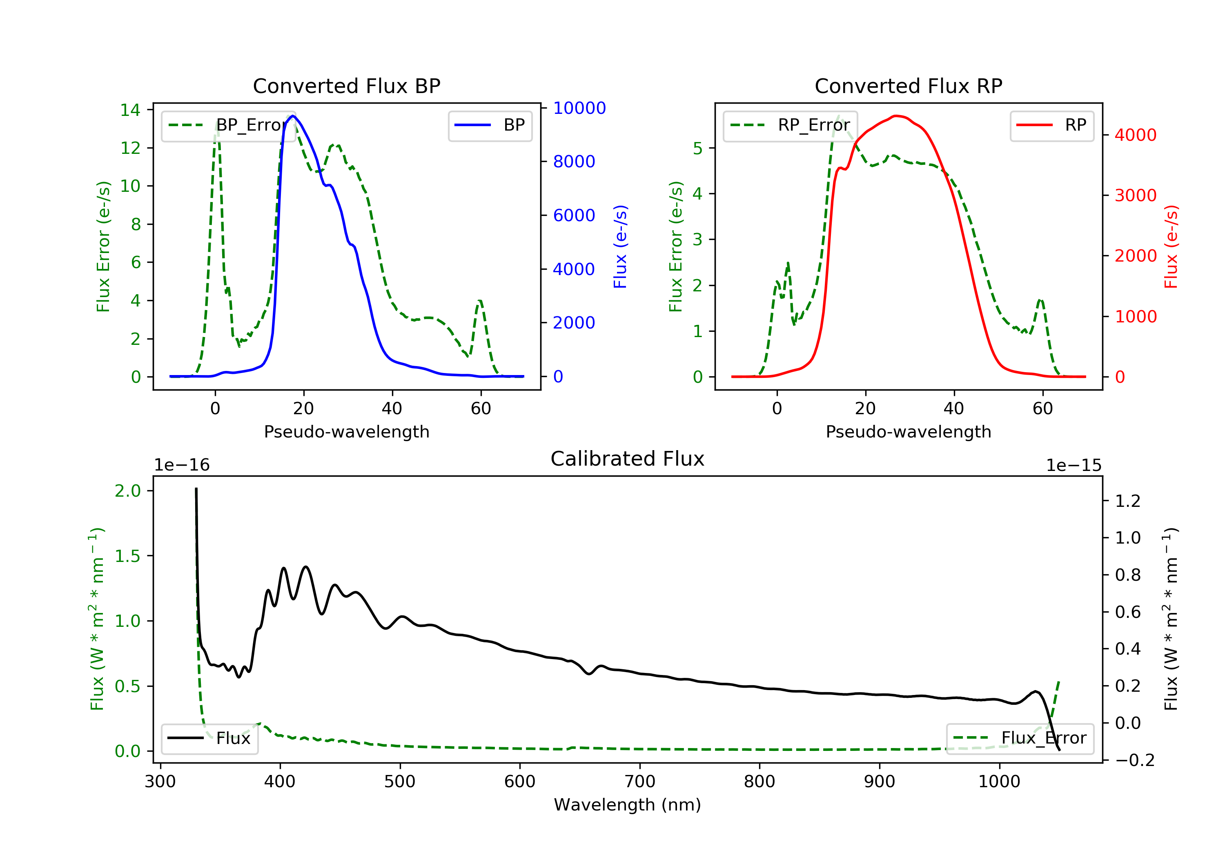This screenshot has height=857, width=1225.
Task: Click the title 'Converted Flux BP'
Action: [346, 86]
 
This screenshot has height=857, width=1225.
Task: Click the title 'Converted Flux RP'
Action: [908, 86]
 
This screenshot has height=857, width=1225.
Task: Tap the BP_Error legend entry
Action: [228, 125]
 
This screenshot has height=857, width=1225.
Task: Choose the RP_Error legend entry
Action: [790, 125]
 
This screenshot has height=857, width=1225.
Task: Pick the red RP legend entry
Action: [1051, 125]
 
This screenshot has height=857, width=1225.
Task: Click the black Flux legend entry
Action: [210, 738]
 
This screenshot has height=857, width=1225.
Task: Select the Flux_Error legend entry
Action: [1020, 738]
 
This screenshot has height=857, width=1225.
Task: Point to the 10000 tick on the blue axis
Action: [579, 108]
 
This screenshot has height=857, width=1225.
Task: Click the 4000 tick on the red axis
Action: [1135, 135]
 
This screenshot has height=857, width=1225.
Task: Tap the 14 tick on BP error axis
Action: [130, 111]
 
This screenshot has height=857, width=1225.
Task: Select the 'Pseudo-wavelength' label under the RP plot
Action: [908, 432]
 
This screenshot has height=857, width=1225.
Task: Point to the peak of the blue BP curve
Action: [293, 116]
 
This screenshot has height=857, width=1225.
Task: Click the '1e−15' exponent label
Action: [1074, 466]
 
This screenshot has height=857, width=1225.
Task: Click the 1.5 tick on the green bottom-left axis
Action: [128, 556]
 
